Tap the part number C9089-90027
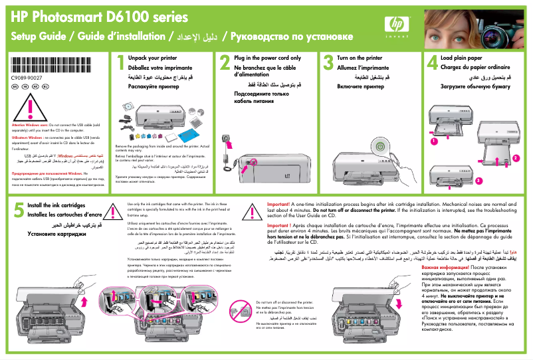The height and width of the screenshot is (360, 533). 27,78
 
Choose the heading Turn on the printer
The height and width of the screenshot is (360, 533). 360,58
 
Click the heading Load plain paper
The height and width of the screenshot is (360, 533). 465,58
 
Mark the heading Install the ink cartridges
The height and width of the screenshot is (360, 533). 65,206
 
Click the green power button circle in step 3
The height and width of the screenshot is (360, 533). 379,145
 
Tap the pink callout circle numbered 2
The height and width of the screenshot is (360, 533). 515,157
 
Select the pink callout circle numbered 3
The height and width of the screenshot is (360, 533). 478,180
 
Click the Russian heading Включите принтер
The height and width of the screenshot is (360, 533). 360,87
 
